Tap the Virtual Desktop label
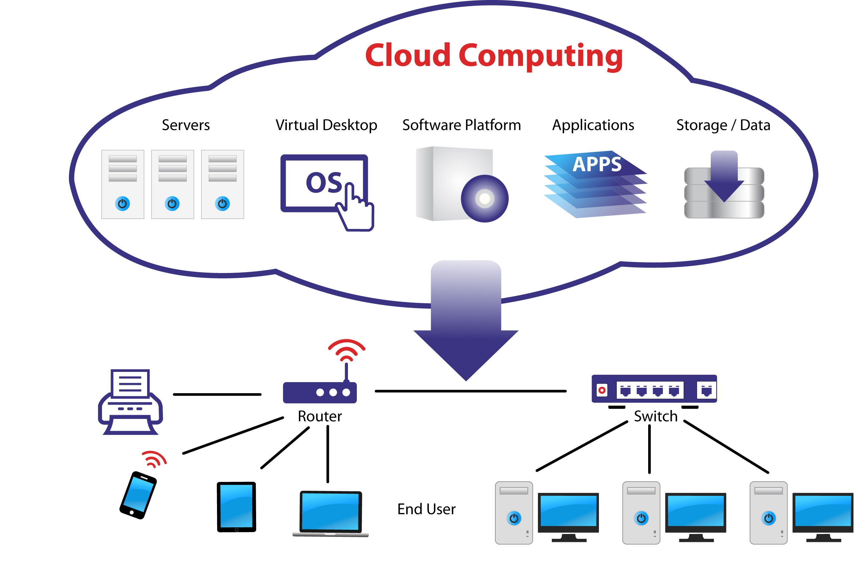click(x=326, y=125)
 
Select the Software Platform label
click(x=461, y=125)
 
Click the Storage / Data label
click(x=723, y=125)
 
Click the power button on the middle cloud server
click(x=172, y=203)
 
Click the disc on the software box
click(x=484, y=198)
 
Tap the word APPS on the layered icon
click(x=597, y=164)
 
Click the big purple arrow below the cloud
click(x=465, y=324)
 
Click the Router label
click(x=319, y=416)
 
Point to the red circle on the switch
click(x=602, y=390)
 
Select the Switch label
click(x=655, y=416)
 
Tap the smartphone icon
click(x=138, y=495)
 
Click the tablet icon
click(x=236, y=507)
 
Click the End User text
click(x=426, y=509)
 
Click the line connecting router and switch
click(x=470, y=391)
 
